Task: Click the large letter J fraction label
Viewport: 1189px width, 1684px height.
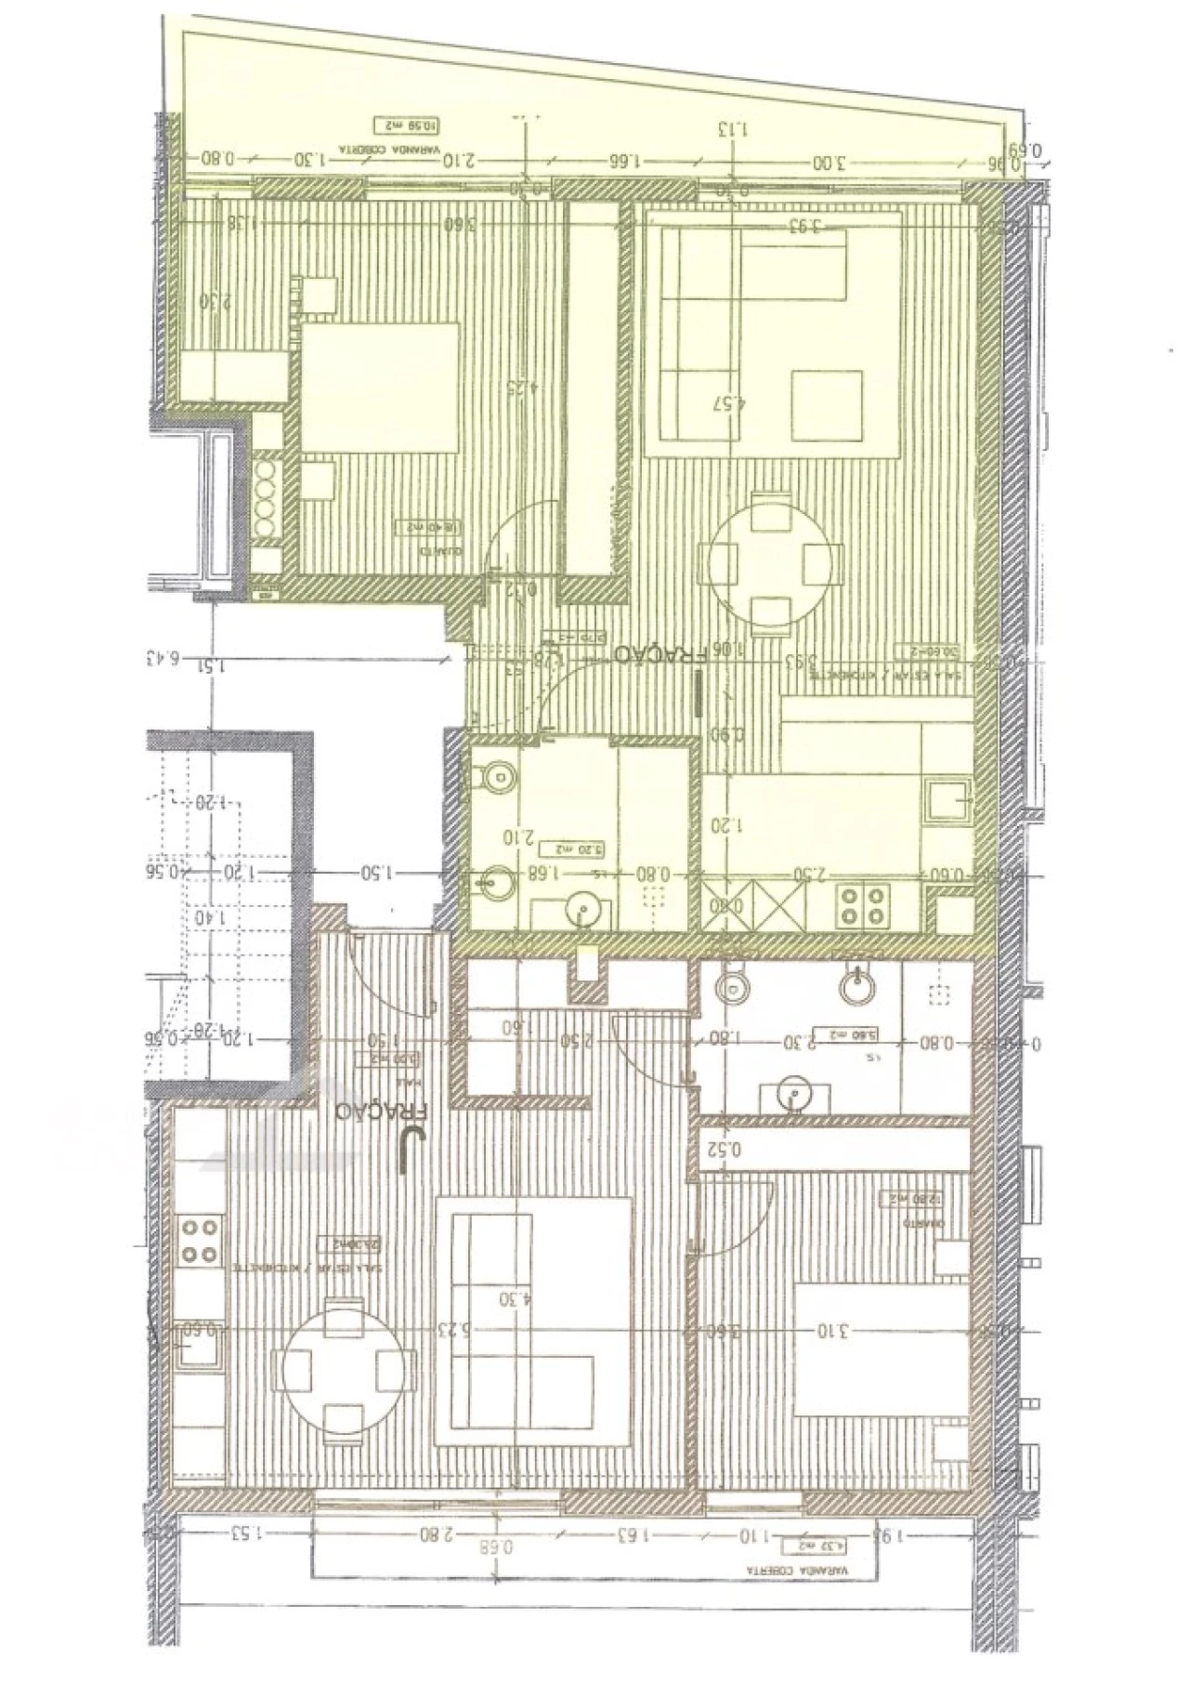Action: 405,1151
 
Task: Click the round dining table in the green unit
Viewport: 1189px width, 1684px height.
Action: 769,561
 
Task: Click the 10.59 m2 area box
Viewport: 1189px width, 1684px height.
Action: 405,124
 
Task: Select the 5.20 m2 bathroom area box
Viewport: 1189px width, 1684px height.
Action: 567,848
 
